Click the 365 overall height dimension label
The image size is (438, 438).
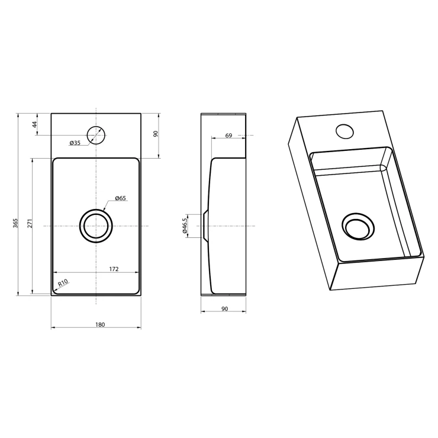pyautogui.click(x=15, y=223)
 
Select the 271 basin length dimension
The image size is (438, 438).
pyautogui.click(x=30, y=223)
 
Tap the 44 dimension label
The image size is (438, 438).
pyautogui.click(x=35, y=124)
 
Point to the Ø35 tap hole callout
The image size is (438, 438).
pyautogui.click(x=75, y=143)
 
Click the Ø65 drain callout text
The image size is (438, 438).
pyautogui.click(x=120, y=198)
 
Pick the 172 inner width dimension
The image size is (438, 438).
pyautogui.click(x=114, y=269)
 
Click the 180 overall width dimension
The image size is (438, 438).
pyautogui.click(x=100, y=324)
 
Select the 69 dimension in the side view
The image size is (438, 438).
pyautogui.click(x=228, y=136)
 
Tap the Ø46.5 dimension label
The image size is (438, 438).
pyautogui.click(x=184, y=226)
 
